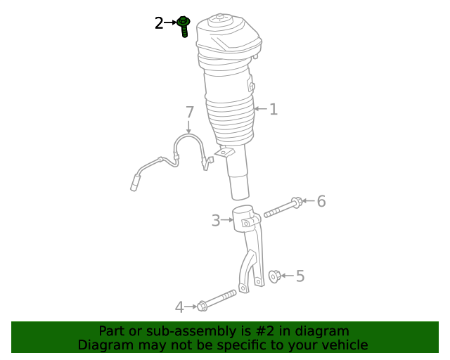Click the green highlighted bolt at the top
tap(184, 26)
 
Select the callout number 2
tap(159, 23)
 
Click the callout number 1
tap(274, 109)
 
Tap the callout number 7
tap(189, 112)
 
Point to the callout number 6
tap(321, 201)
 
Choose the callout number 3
tap(216, 221)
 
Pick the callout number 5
tap(300, 276)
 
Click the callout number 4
tap(179, 307)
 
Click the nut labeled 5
tap(275, 276)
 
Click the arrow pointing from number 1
tap(260, 109)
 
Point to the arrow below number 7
tap(189, 127)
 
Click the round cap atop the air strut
tap(224, 18)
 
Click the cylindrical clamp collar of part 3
tap(243, 217)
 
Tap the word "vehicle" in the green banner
tap(344, 345)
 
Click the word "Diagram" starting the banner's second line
tap(103, 345)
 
